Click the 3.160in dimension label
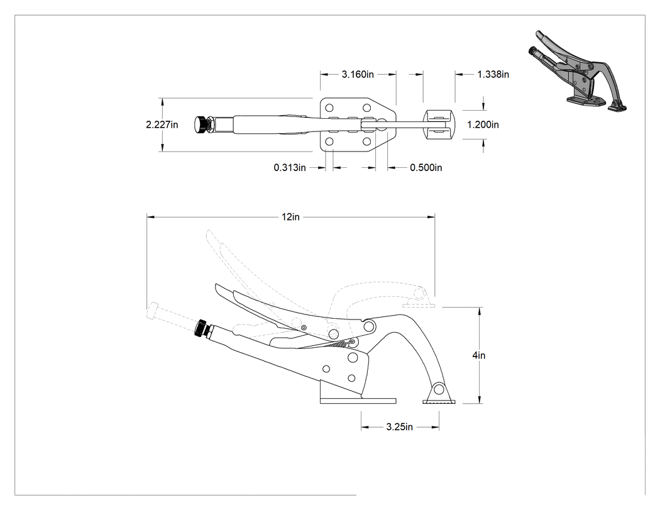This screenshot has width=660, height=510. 358,75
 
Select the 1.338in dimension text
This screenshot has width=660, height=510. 493,75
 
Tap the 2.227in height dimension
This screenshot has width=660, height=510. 162,125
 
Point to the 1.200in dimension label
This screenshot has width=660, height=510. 483,125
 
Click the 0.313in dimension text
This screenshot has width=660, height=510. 290,168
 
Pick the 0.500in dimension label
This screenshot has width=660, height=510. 426,168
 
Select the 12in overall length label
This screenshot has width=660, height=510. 290,217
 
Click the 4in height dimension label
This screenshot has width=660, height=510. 478,355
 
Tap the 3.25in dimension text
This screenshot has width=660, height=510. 399,427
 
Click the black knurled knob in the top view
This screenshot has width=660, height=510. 202,125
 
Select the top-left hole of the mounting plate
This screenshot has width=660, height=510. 329,108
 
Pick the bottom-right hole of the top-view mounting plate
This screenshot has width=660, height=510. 366,141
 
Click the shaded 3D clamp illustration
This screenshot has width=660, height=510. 576,71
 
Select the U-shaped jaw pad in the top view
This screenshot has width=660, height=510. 439,125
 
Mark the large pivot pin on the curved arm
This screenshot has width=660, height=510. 369,326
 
